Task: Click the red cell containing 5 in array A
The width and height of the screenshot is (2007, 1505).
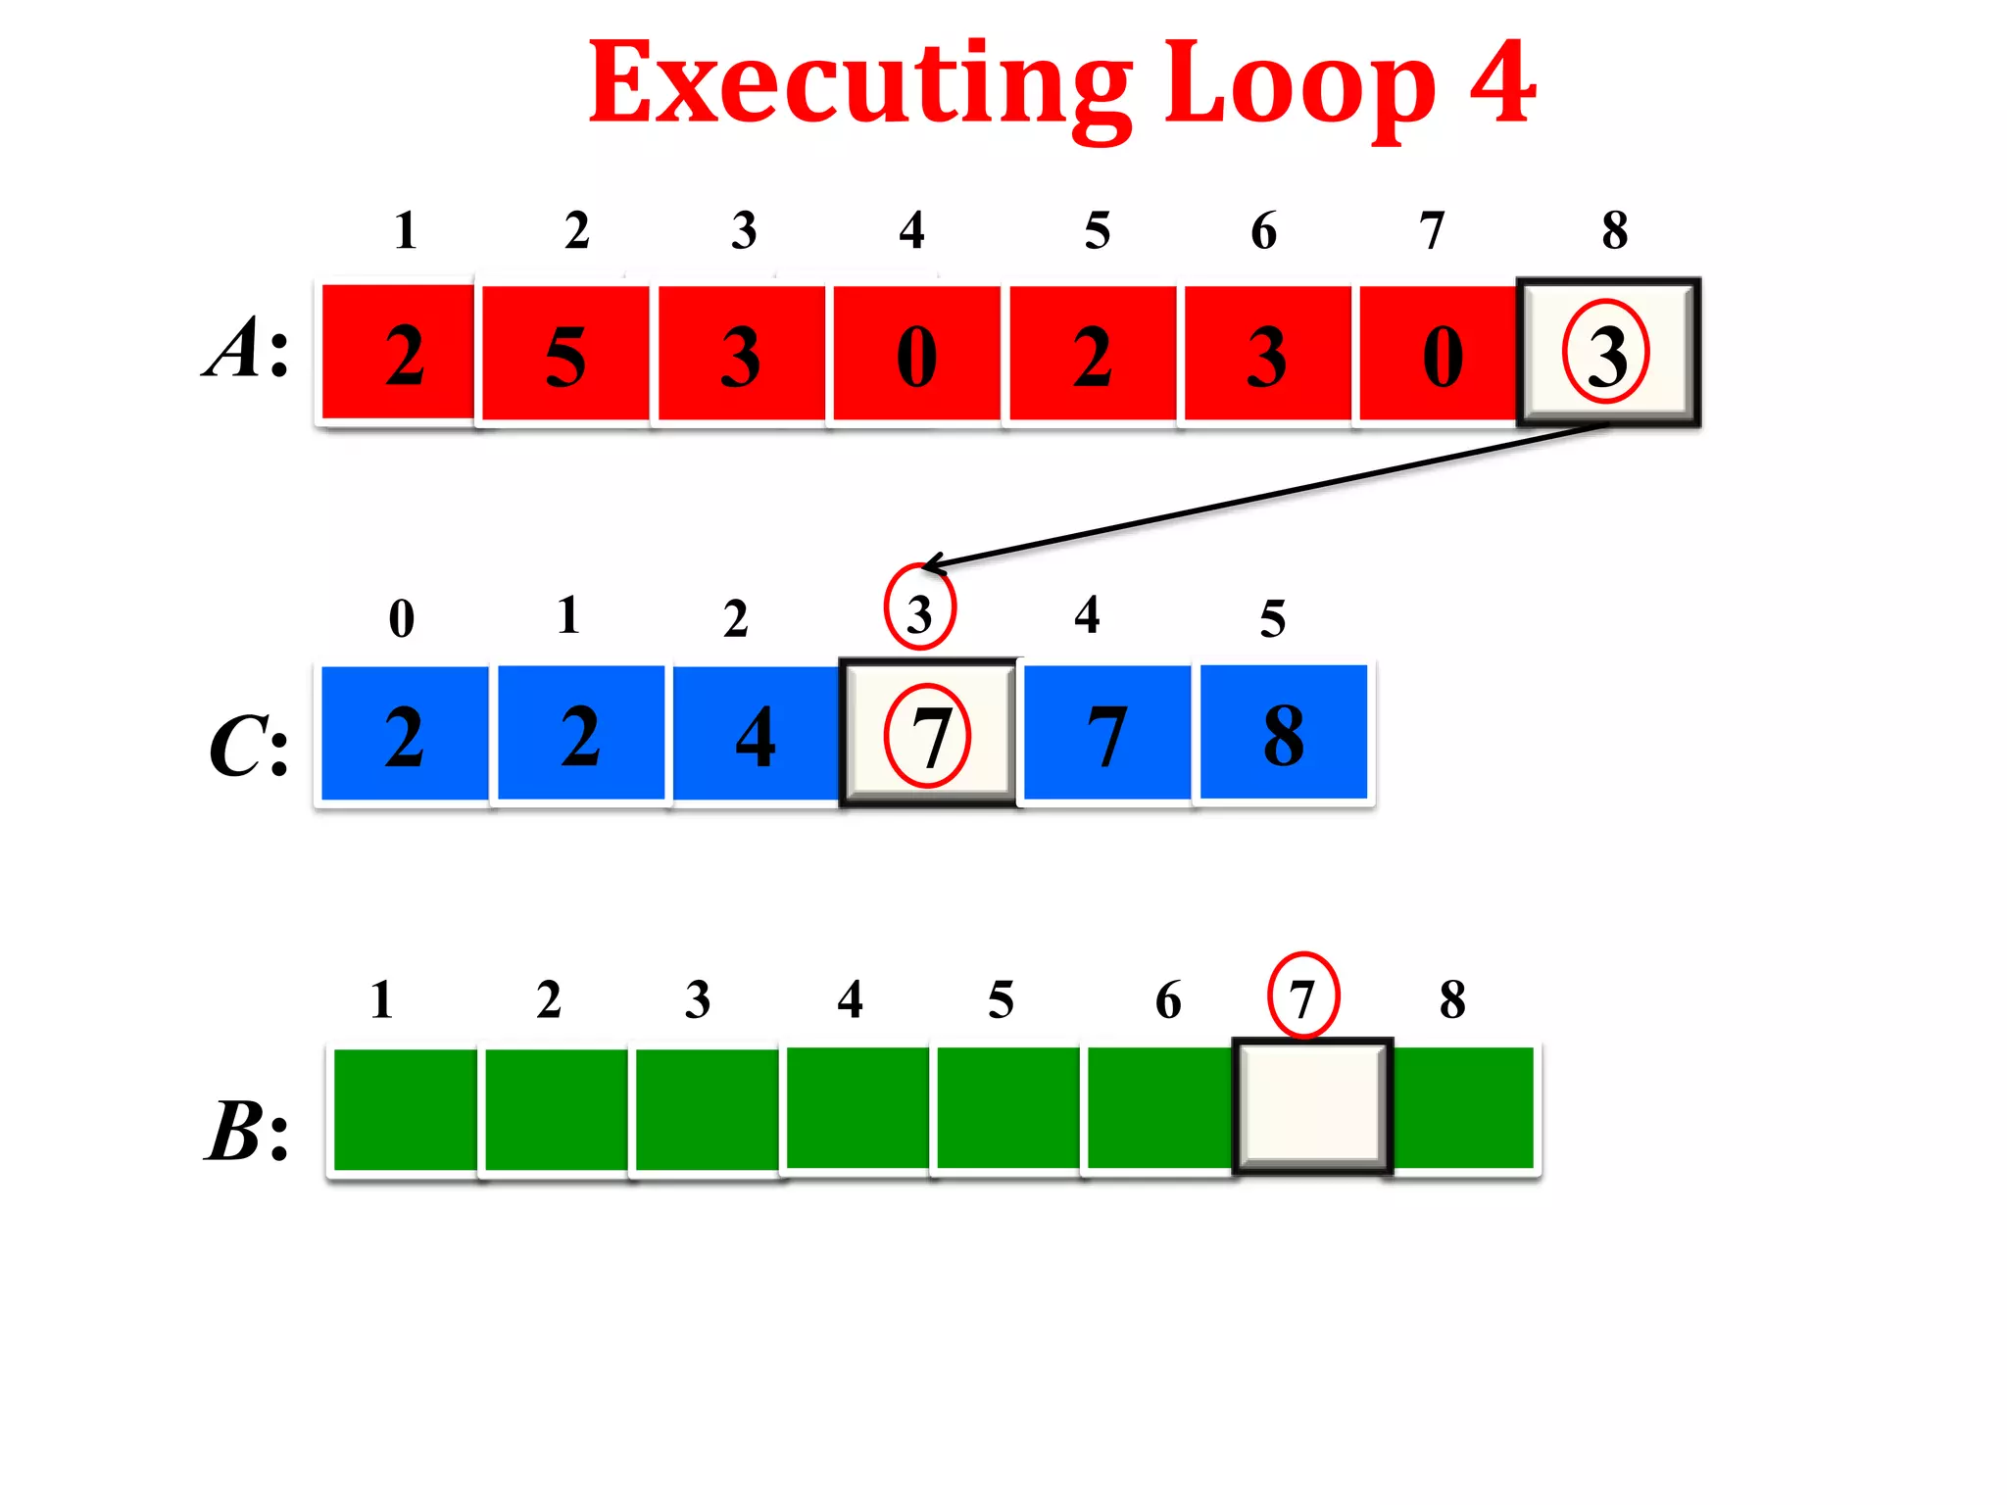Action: tap(565, 355)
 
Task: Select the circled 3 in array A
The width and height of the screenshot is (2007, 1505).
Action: tap(1607, 353)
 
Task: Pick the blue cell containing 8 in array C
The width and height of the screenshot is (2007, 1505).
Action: tap(1283, 733)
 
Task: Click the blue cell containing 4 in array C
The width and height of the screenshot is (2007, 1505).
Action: tap(756, 735)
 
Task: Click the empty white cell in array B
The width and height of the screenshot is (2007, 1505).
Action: tap(1312, 1105)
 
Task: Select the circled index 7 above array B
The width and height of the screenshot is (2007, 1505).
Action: tap(1302, 995)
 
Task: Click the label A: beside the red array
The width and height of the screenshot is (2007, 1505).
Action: tap(247, 349)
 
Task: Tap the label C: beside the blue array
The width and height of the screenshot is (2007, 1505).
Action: tap(249, 747)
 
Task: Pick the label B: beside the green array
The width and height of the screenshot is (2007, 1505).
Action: tap(247, 1131)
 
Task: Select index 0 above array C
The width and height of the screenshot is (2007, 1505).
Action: tap(402, 618)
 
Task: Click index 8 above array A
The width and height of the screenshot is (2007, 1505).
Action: tap(1615, 231)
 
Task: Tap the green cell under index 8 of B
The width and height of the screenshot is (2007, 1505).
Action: tap(1463, 1107)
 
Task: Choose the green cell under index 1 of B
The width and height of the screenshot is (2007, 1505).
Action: tap(405, 1109)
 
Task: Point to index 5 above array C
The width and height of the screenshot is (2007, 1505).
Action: tap(1272, 618)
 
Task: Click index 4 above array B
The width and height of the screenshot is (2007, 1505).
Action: tap(850, 999)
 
